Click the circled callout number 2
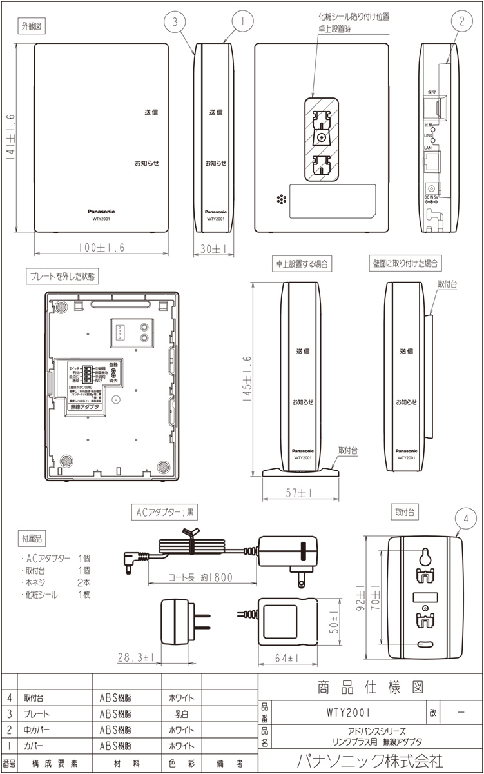point(462,21)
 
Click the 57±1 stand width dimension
point(301,493)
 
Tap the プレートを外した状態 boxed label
point(62,276)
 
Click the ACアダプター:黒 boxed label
point(166,513)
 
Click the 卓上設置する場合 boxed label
point(301,263)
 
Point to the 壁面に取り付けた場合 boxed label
point(404,263)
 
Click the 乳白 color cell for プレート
point(181,714)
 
